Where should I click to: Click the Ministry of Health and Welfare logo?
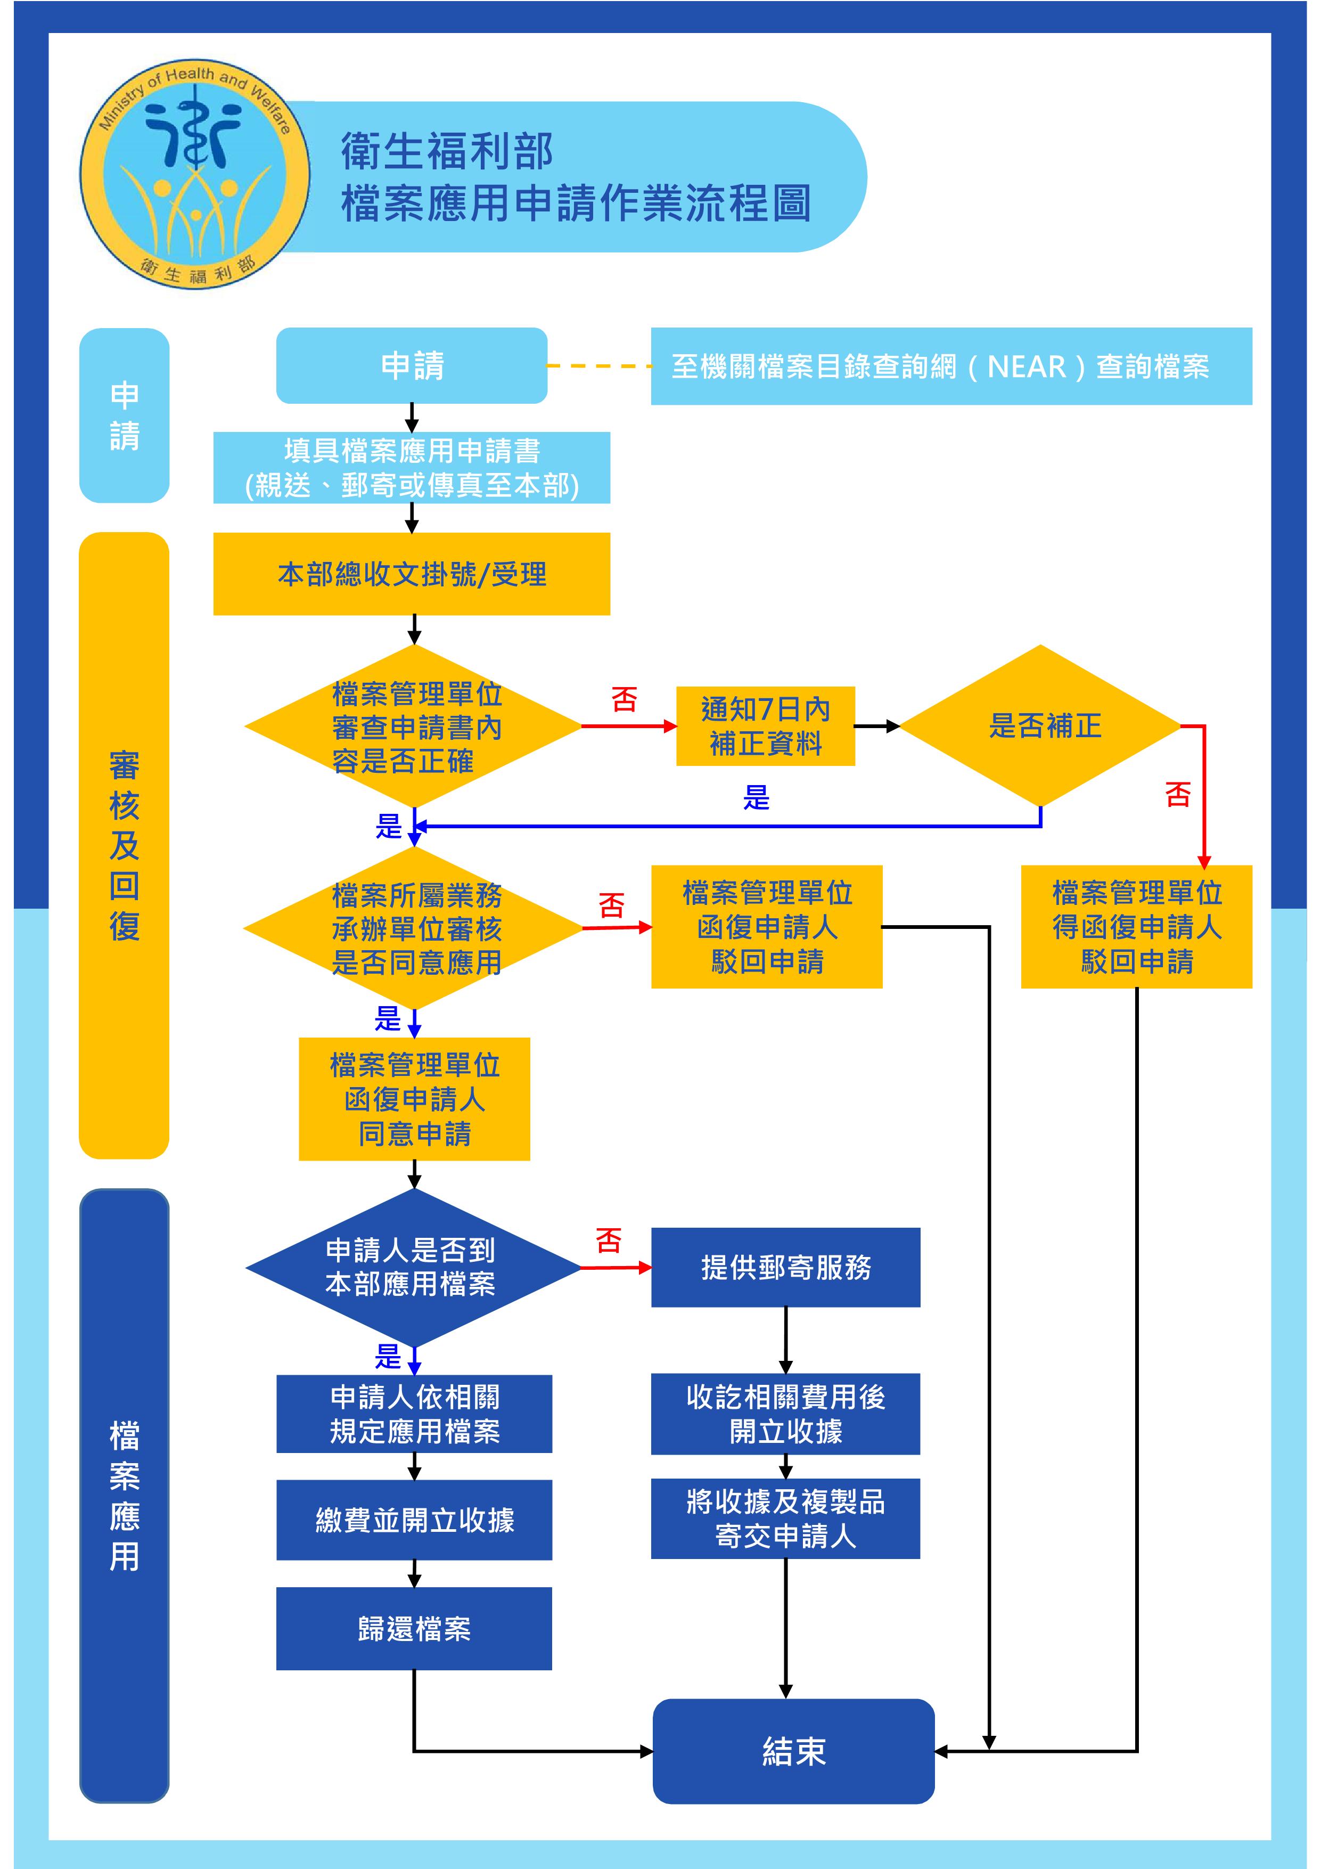point(194,174)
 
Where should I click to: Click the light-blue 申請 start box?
point(412,365)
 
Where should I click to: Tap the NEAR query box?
point(950,366)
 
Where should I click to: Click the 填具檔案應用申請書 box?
point(412,467)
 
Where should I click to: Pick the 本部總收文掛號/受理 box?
point(412,574)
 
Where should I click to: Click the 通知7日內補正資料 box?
point(765,725)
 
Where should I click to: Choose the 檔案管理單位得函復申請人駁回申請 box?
point(1136,926)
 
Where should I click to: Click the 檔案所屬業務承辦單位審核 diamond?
point(414,928)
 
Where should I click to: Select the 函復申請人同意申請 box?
point(414,1099)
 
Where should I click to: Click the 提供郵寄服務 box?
point(785,1267)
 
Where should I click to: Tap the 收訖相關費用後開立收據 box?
point(785,1414)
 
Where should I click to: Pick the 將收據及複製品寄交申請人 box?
point(785,1519)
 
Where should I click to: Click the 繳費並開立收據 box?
point(414,1520)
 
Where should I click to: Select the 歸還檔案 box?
point(414,1629)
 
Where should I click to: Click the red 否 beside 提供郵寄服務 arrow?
point(609,1240)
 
